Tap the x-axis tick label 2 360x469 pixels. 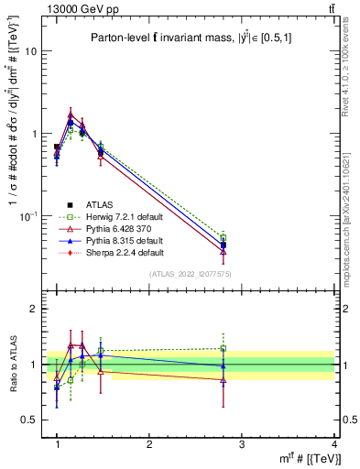149,444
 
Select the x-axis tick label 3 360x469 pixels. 242,444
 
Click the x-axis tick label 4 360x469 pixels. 333,444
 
